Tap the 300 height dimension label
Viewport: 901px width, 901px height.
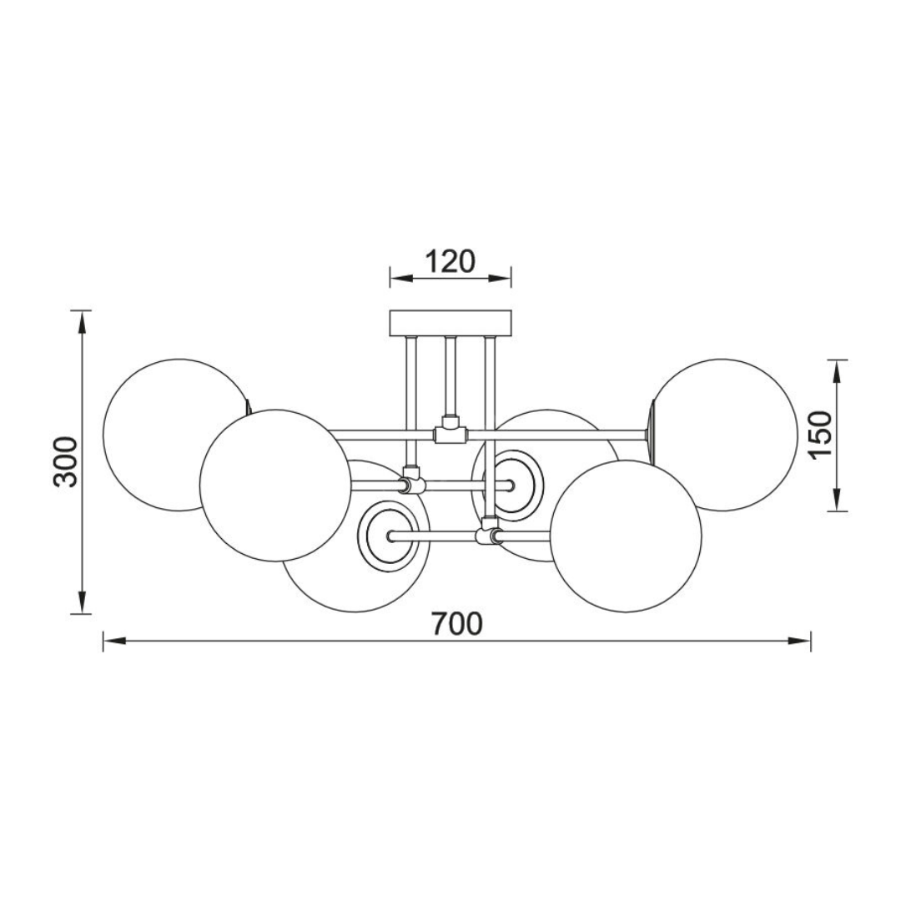65,462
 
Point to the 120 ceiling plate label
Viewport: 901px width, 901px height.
450,262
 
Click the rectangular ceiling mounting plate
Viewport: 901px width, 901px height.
450,323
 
